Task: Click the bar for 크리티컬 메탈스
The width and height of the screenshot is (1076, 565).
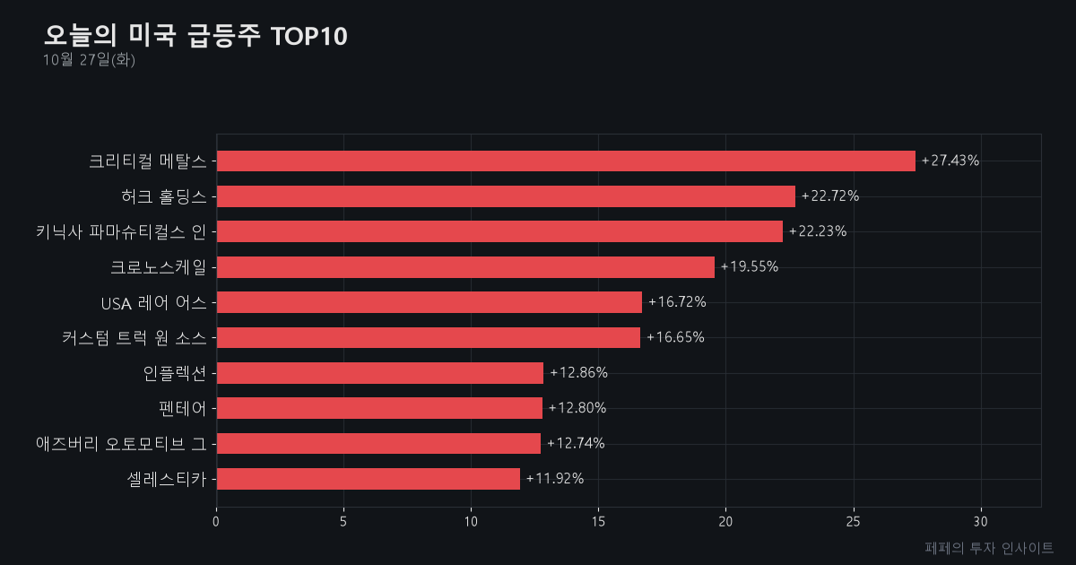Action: click(x=566, y=161)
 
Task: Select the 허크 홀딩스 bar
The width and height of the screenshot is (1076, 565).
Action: click(x=506, y=196)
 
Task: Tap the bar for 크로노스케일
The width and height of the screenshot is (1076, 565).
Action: click(x=465, y=267)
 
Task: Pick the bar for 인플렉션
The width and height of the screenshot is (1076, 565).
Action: click(x=380, y=373)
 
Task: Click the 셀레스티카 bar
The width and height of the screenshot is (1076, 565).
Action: click(x=369, y=479)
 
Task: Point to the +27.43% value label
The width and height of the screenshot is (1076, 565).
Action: click(x=950, y=161)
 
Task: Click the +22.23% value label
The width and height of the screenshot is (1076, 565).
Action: click(x=818, y=231)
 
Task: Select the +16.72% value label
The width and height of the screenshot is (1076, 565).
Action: click(x=677, y=301)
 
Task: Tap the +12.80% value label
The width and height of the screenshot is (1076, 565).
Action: click(x=577, y=408)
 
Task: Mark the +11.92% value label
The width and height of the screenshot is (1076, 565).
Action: click(x=555, y=479)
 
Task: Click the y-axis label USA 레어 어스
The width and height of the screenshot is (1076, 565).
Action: click(x=153, y=303)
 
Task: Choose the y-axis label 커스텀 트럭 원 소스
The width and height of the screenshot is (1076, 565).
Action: click(x=134, y=338)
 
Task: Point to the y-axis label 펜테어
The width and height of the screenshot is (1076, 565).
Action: click(x=183, y=409)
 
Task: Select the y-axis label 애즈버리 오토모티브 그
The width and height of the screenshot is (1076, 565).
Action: click(x=121, y=444)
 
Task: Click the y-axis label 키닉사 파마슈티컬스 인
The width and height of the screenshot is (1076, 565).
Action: click(x=121, y=232)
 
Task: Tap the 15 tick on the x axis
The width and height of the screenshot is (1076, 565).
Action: click(x=598, y=522)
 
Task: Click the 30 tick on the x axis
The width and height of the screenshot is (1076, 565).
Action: click(x=980, y=522)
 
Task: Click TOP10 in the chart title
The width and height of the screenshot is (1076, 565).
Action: click(x=308, y=36)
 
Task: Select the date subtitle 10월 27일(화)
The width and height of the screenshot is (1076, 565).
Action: click(x=89, y=60)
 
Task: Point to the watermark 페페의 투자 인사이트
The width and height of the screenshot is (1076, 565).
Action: click(x=989, y=548)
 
